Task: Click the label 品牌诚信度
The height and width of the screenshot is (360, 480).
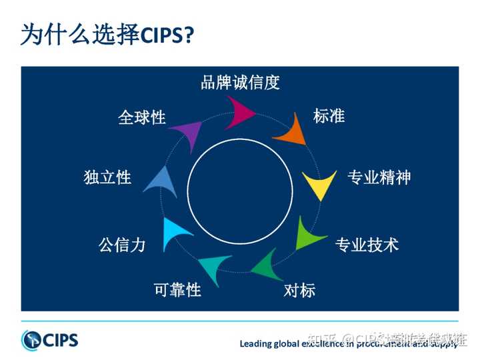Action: click(x=240, y=83)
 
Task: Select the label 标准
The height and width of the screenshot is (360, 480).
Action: click(x=329, y=115)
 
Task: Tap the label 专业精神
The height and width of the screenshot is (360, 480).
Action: click(x=379, y=177)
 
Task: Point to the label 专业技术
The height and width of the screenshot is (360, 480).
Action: click(x=366, y=245)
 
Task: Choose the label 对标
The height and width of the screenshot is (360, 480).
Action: click(x=299, y=291)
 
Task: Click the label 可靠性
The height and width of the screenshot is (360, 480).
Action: click(x=177, y=291)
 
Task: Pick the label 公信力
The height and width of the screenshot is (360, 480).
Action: click(x=122, y=245)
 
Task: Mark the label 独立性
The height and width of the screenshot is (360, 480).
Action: click(x=107, y=177)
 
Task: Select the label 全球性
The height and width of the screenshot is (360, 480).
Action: click(x=142, y=118)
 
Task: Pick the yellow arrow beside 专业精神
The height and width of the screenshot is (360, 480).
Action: click(x=317, y=185)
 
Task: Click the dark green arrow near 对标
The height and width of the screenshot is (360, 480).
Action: click(x=266, y=264)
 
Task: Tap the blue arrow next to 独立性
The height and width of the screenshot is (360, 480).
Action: click(x=162, y=181)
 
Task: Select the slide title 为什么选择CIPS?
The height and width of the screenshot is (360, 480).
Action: click(x=107, y=35)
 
